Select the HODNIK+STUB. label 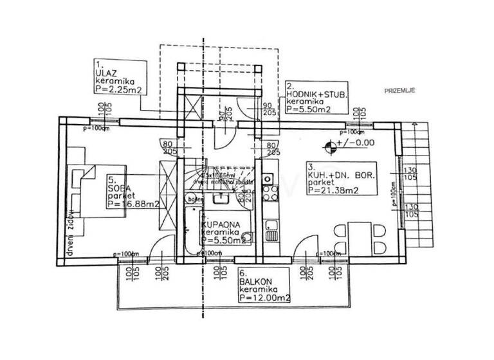pyautogui.click(x=316, y=94)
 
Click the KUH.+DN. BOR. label pyautogui.click(x=341, y=175)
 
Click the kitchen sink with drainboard pyautogui.click(x=270, y=230)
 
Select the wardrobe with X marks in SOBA pyautogui.click(x=166, y=193)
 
